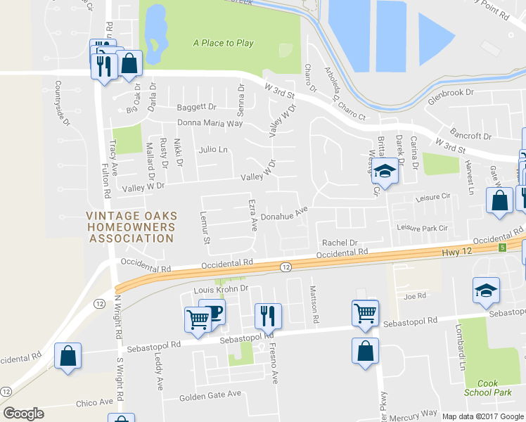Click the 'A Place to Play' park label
pos(223,43)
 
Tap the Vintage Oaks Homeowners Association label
pos(131,227)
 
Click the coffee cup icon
pos(212,312)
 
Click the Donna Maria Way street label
pos(210,123)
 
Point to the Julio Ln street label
pos(214,150)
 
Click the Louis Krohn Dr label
pos(222,289)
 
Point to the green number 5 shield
pos(502,248)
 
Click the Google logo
pos(23,413)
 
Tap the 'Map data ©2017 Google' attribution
pos(483,416)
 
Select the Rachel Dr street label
pos(340,243)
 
